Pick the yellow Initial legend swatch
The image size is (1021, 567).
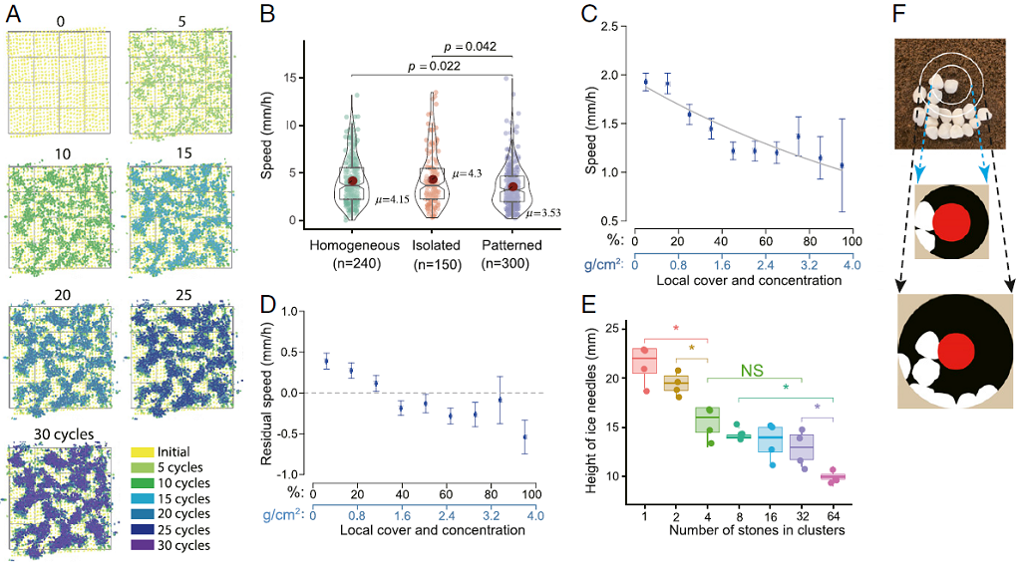[143, 451]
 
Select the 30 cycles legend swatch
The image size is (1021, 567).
[143, 545]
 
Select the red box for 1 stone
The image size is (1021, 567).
[646, 361]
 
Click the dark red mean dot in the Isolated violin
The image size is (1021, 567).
[432, 179]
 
